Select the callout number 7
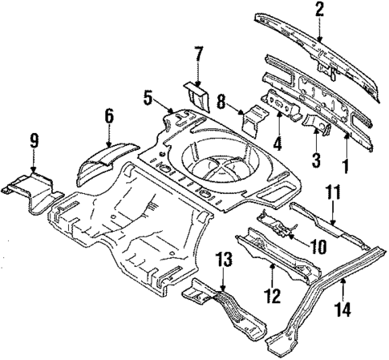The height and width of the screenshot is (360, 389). tap(200, 55)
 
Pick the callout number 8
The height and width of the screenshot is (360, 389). tap(221, 101)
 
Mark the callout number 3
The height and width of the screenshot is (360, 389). tap(317, 160)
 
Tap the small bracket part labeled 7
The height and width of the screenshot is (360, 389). tap(196, 95)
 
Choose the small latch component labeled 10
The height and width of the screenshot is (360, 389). tap(277, 222)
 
